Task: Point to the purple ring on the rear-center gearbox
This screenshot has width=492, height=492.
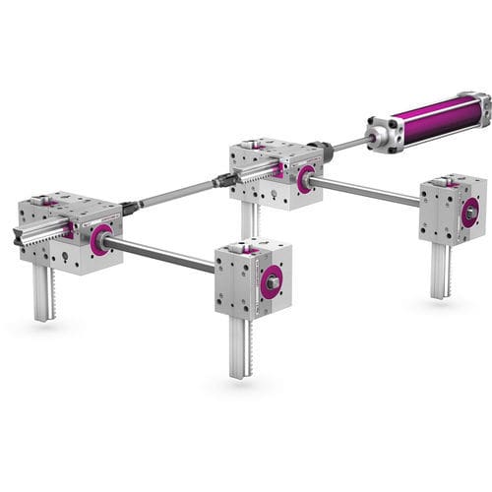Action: (x=306, y=178)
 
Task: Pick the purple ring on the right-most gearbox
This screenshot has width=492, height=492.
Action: (x=470, y=210)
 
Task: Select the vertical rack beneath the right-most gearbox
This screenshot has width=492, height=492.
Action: (x=440, y=270)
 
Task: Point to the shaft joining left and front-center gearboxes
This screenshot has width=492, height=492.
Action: (x=162, y=255)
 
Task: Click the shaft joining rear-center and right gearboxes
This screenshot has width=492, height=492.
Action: (x=369, y=191)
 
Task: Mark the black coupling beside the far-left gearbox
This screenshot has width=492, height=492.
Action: (x=127, y=208)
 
